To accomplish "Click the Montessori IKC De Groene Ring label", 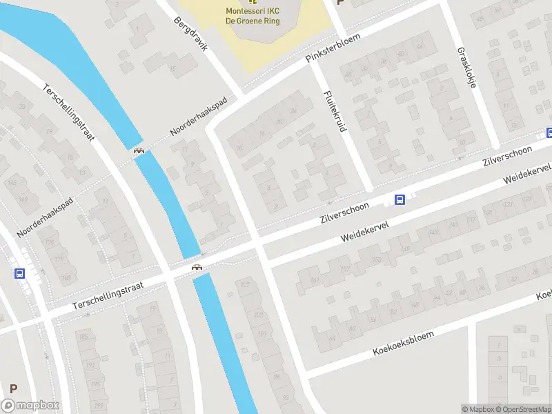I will click(252, 15).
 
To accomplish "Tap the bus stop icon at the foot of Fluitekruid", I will click(399, 199).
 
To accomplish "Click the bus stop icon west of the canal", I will click(19, 273).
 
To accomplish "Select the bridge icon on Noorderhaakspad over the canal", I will click(139, 151).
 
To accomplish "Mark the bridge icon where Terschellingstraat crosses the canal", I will click(197, 267).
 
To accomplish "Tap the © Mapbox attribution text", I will click(477, 409).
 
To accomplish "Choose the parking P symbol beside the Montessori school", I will click(339, 2).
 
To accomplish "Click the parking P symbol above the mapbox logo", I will click(13, 388).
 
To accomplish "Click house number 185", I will click(83, 337).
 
